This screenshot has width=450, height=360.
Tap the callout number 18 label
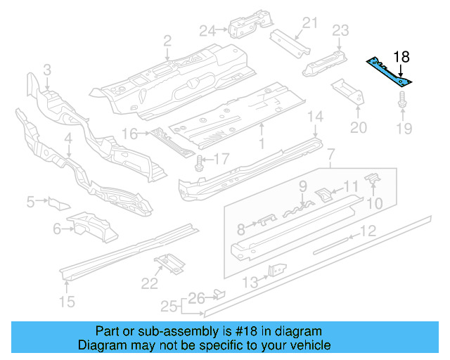pos(401,57)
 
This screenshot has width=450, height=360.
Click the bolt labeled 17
pos(199,162)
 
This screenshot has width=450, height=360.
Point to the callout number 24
pos(207,30)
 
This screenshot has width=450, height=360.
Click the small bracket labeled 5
pos(56,204)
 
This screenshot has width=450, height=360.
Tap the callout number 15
pos(66,302)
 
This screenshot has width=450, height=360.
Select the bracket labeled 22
pos(169,264)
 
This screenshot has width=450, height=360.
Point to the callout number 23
pos(340,30)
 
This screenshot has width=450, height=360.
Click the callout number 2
pos(167,41)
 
